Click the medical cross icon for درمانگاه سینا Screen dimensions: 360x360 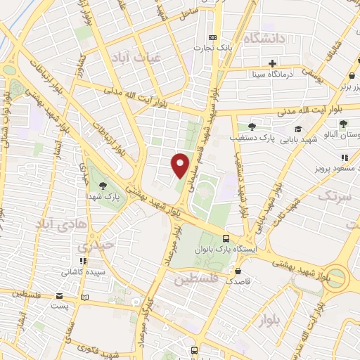(272, 63)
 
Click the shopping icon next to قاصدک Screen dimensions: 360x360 (239, 271)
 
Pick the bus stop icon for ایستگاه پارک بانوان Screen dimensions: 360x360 (225, 238)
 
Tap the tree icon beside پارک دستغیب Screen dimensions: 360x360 (251, 127)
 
